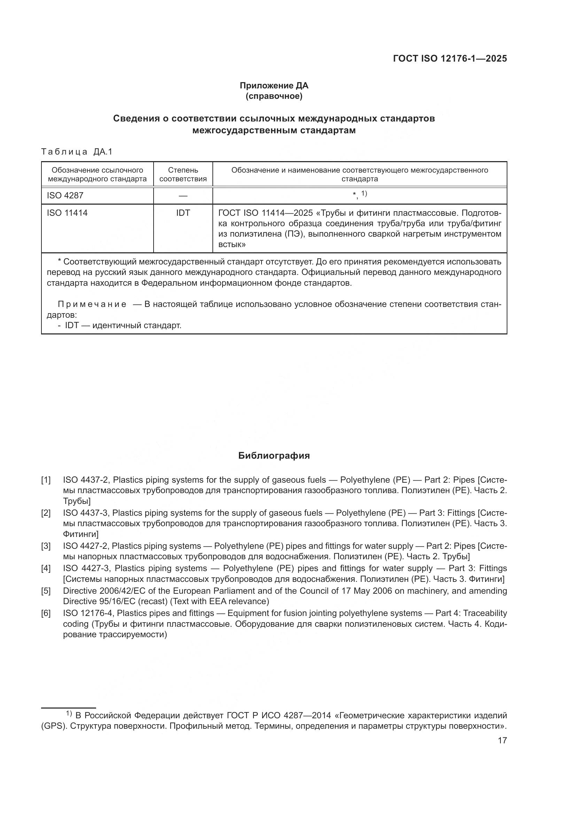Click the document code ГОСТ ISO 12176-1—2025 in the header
(450, 59)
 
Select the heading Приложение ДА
(274, 86)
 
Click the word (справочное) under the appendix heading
(274, 96)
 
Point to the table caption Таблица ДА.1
(77, 152)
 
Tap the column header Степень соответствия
(183, 174)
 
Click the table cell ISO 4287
(65, 195)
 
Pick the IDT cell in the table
(183, 213)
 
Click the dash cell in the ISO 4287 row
(183, 196)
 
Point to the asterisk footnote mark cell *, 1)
(360, 195)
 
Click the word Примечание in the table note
(92, 304)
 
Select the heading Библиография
(274, 456)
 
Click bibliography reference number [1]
(46, 480)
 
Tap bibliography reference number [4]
(46, 568)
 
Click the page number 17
(502, 740)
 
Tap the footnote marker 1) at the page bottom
(69, 713)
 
